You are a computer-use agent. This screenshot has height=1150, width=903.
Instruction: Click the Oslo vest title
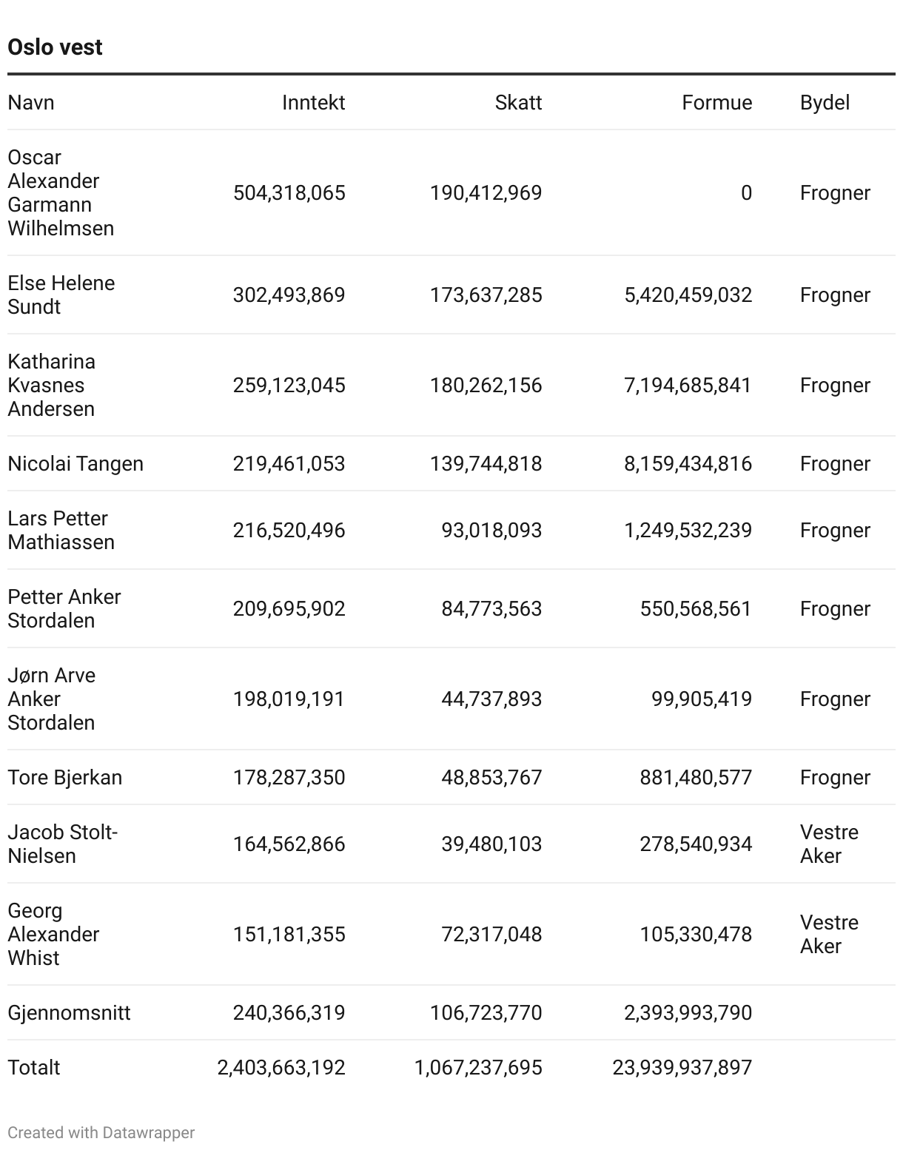(55, 47)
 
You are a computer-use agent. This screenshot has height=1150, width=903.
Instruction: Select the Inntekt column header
(313, 103)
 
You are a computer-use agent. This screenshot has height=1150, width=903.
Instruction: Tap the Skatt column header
(518, 103)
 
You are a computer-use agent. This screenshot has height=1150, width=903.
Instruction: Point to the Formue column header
(716, 103)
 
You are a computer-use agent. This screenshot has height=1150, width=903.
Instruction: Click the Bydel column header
(825, 103)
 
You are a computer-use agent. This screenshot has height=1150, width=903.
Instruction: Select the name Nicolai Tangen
(75, 464)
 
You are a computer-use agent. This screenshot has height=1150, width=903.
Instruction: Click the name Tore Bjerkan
(65, 778)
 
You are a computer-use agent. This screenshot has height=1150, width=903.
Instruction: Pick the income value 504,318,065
(289, 193)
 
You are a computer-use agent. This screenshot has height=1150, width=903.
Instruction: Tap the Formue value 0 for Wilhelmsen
(746, 193)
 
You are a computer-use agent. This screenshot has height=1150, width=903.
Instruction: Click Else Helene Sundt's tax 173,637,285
(486, 295)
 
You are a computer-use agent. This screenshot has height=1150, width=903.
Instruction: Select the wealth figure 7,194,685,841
(688, 386)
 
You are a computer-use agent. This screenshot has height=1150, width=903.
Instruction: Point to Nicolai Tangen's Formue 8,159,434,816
(688, 464)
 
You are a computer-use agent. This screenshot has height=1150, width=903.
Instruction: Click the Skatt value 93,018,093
(491, 531)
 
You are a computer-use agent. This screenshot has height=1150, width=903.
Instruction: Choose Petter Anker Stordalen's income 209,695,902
(289, 609)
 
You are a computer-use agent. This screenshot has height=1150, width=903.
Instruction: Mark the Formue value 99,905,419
(701, 699)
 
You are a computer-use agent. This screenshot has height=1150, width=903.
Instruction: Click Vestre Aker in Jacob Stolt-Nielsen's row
(828, 844)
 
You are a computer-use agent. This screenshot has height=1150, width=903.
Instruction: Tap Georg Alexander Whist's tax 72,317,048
(491, 935)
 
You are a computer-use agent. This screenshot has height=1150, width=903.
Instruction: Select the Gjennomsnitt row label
(69, 1013)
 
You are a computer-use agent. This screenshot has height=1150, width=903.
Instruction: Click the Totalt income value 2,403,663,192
(281, 1068)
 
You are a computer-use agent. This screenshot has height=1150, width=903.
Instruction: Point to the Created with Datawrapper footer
(101, 1133)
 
